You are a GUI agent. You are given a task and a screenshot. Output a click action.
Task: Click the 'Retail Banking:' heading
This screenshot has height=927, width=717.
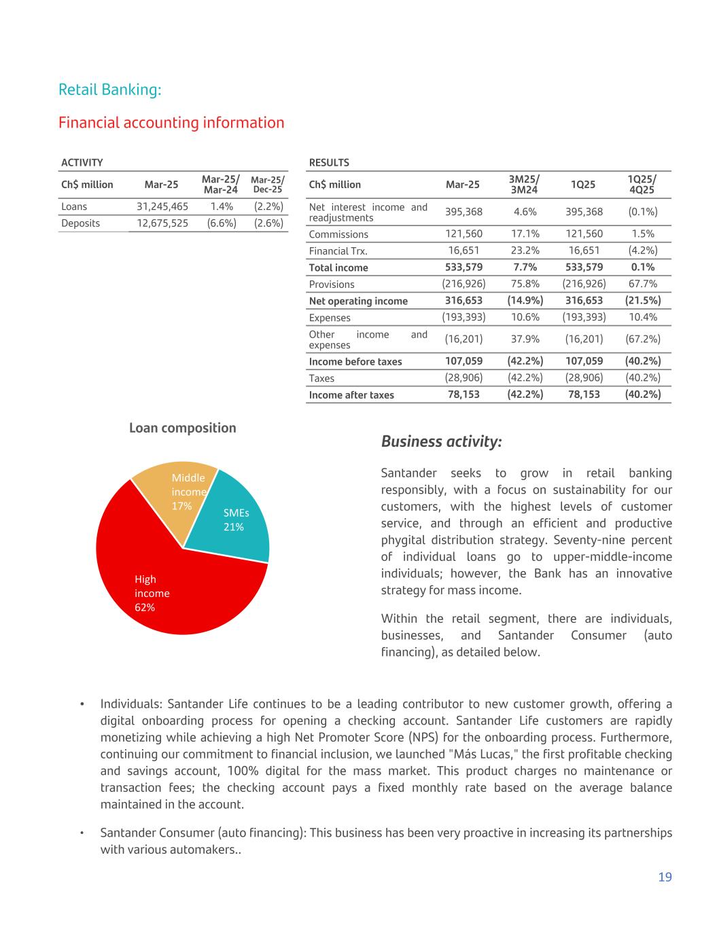109,90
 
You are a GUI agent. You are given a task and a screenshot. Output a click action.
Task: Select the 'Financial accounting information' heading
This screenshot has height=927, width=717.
171,123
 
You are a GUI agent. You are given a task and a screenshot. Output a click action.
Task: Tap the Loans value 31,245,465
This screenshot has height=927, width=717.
162,206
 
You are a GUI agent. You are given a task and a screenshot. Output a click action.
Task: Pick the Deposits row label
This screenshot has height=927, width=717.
80,223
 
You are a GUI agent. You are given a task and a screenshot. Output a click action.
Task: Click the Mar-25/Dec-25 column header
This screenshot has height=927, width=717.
267,184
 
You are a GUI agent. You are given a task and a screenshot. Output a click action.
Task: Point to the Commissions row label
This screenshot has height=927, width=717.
338,234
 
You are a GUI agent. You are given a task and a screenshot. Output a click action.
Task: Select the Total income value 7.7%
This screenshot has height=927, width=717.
525,268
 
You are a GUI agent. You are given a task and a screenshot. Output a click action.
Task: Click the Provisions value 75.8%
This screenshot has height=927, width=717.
525,284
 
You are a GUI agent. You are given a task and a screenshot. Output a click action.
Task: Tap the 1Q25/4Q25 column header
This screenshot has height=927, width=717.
642,184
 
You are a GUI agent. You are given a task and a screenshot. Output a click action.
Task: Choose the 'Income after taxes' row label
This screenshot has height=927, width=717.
351,395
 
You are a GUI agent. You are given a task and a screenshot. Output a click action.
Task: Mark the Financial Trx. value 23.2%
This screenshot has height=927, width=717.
525,251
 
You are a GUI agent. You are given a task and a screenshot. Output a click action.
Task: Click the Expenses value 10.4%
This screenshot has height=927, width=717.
642,317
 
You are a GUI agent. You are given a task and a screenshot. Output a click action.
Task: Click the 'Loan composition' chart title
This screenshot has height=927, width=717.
183,428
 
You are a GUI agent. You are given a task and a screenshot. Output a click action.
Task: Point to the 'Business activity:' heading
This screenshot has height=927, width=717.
442,441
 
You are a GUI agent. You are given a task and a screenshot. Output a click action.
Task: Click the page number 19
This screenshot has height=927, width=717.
665,877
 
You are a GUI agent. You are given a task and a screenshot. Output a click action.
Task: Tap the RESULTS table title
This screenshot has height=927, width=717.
329,163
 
